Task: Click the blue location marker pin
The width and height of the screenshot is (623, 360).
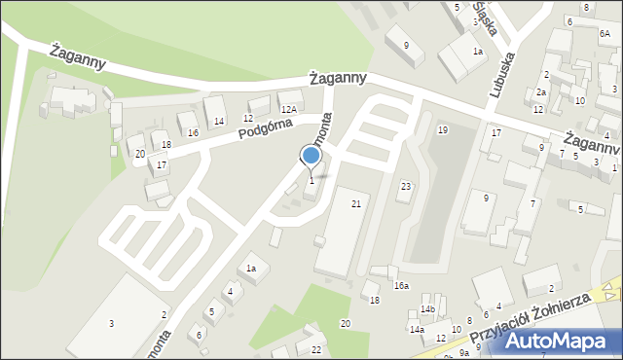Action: (x=311, y=157)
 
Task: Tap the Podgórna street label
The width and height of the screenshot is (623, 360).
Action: (x=267, y=132)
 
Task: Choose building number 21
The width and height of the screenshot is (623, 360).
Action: (x=356, y=203)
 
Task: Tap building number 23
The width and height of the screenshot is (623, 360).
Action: (x=406, y=186)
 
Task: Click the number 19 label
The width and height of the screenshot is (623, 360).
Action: (x=443, y=129)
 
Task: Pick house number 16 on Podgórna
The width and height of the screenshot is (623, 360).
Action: (x=194, y=132)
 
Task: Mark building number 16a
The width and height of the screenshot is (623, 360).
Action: (x=401, y=286)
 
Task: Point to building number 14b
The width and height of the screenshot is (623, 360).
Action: (x=427, y=309)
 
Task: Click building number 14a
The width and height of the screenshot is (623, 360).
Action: (x=417, y=330)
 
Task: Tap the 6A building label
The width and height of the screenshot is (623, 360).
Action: (x=605, y=33)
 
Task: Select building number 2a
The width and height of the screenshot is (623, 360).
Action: (x=542, y=91)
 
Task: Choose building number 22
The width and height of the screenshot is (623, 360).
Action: (x=316, y=349)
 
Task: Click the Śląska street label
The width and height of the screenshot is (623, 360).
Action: (x=485, y=18)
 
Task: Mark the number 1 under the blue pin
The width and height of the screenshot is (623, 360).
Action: (x=311, y=180)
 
